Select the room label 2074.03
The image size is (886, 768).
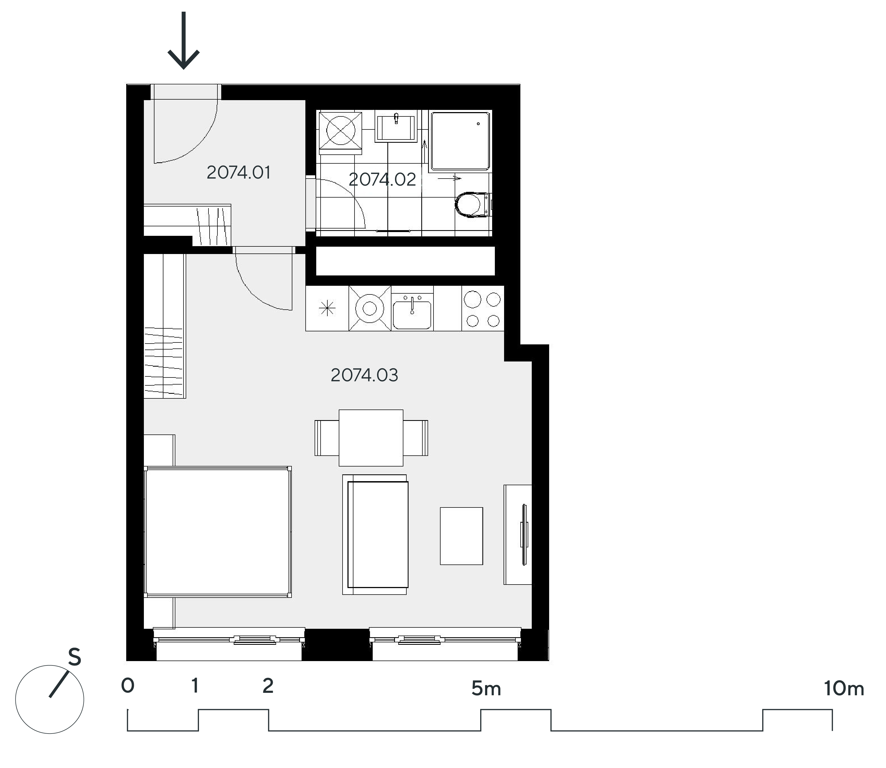(364, 375)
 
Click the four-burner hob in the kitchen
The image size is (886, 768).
(483, 309)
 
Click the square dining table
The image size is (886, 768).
(371, 437)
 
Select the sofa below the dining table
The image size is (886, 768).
(375, 534)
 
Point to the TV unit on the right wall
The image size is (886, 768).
(518, 535)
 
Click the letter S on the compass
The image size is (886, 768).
(75, 657)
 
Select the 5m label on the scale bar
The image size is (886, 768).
(486, 689)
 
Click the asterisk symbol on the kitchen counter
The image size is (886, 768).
(327, 309)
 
